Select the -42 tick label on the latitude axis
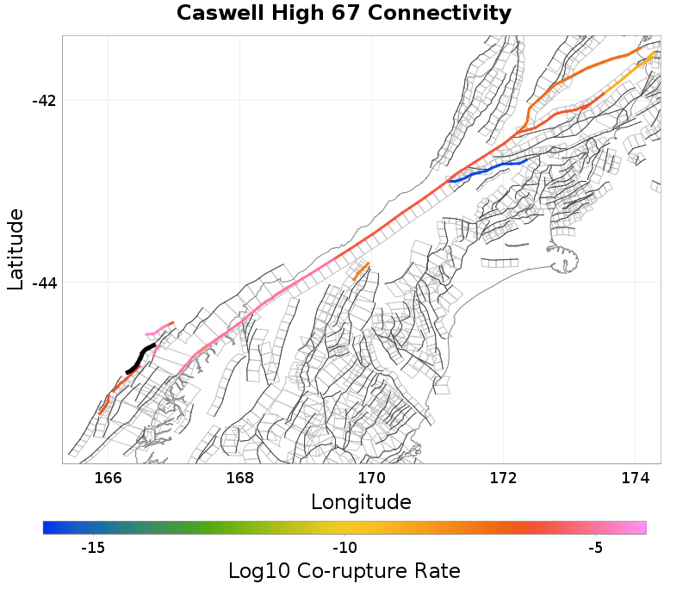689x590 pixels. [43, 101]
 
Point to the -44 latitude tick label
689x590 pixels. [43, 283]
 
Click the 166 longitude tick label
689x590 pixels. [108, 478]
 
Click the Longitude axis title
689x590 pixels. [361, 501]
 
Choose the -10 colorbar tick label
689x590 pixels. [344, 548]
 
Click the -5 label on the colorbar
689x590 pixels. [595, 548]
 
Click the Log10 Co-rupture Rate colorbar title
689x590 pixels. [344, 570]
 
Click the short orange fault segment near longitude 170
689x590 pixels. [360, 271]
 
